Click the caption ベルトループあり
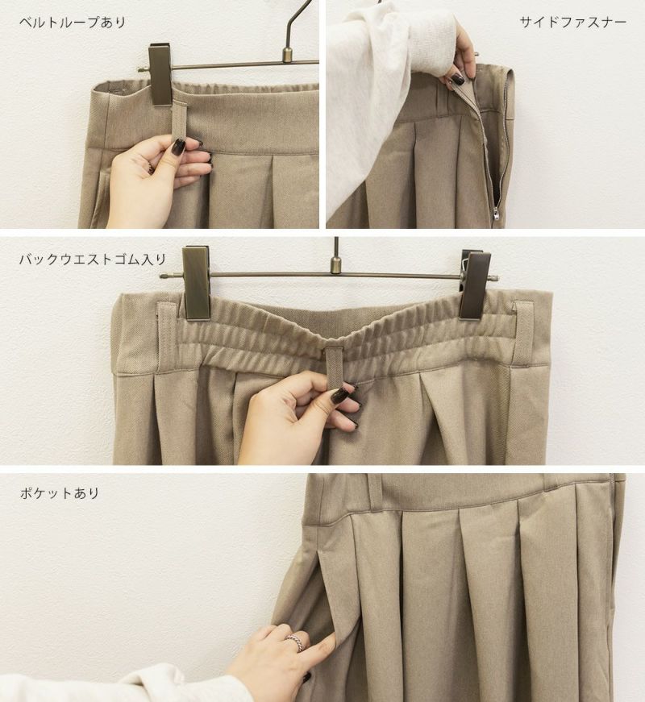click(73, 22)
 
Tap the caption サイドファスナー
click(573, 22)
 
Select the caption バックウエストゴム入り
click(93, 259)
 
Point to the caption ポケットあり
click(59, 493)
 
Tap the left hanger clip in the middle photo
click(196, 283)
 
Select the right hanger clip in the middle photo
click(475, 285)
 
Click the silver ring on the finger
click(294, 642)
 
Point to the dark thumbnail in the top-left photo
click(179, 146)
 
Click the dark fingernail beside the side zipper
click(458, 80)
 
